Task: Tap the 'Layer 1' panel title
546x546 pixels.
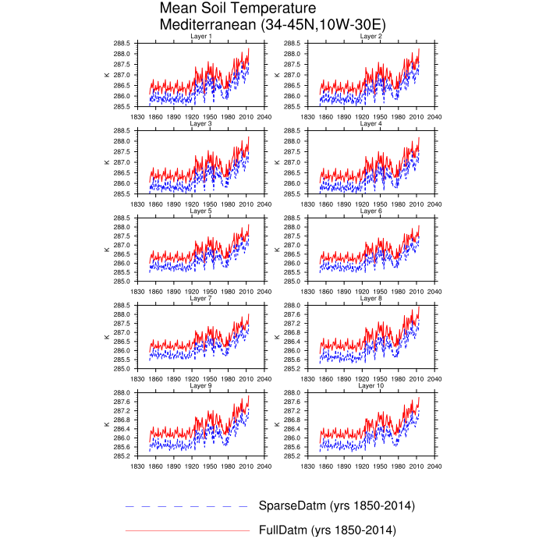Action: coord(200,37)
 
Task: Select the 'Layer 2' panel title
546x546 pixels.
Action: coord(370,37)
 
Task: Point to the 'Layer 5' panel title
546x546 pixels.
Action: coord(200,211)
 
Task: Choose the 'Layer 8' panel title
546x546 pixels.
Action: coord(370,299)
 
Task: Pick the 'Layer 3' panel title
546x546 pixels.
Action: coord(200,124)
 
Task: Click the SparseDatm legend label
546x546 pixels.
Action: coord(336,506)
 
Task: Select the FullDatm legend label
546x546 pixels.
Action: coord(327,530)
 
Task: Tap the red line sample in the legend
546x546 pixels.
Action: coord(187,531)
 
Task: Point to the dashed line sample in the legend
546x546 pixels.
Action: coord(187,507)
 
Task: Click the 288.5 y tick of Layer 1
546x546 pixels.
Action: coord(124,44)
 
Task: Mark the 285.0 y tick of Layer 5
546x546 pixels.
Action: coord(124,282)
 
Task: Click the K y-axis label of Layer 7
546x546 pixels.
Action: coord(107,337)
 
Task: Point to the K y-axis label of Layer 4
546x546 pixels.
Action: coord(277,162)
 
